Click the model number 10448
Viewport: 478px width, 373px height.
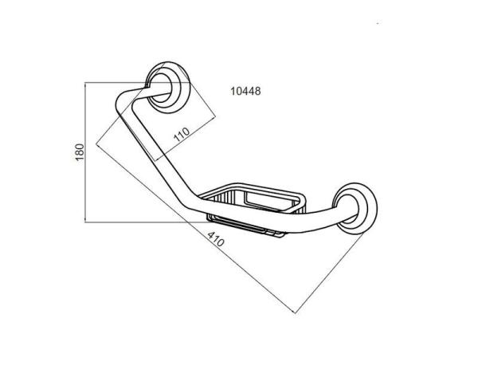click(x=245, y=91)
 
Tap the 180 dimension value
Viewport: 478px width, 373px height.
click(x=80, y=152)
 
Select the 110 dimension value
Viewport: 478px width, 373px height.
click(x=182, y=134)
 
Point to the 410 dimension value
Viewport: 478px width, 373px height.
click(x=216, y=239)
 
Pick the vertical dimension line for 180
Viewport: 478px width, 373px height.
click(x=85, y=152)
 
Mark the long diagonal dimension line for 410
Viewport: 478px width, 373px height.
click(x=196, y=228)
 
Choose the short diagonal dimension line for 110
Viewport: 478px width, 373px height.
click(x=186, y=138)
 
